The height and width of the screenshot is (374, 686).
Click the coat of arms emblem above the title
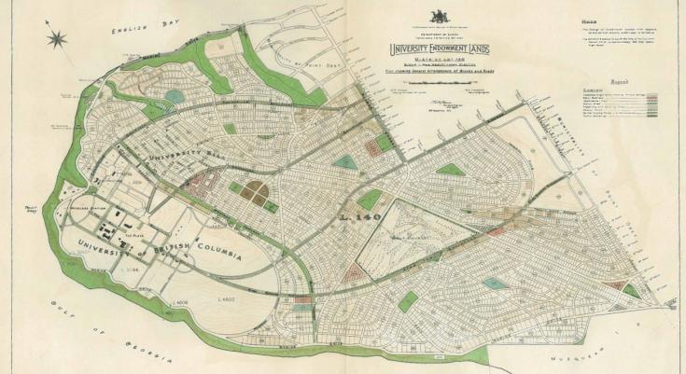(x=438, y=17)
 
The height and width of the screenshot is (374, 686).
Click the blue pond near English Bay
(x=175, y=95)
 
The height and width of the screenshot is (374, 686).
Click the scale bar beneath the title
(x=438, y=82)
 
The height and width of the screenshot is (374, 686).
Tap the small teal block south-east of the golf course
(x=496, y=283)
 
